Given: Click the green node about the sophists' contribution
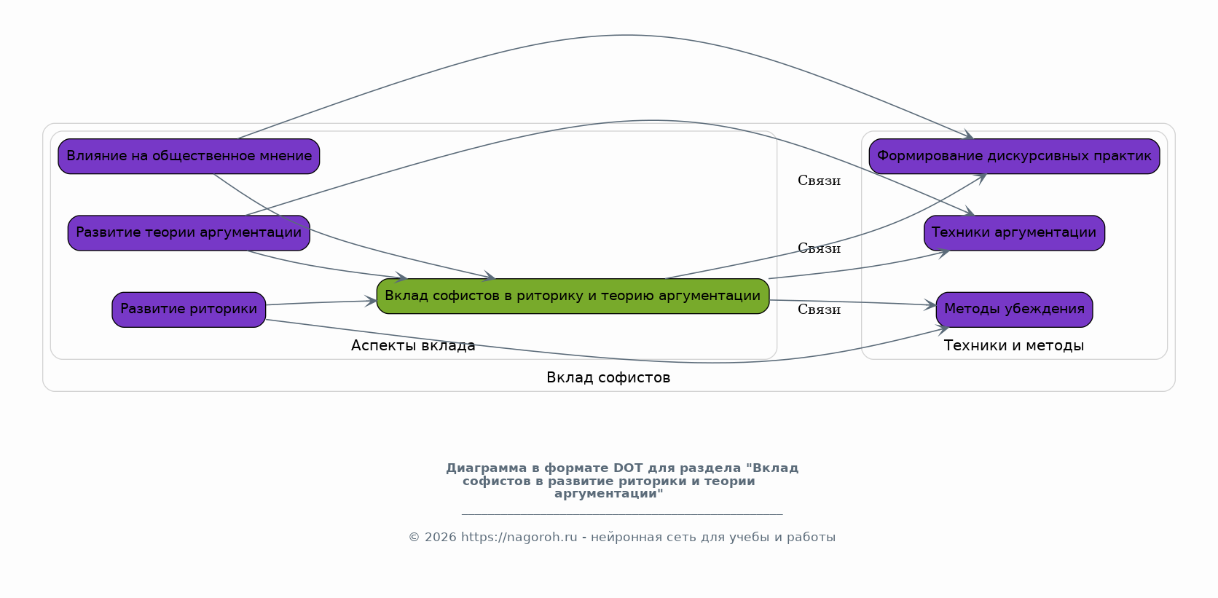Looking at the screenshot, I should coord(573,296).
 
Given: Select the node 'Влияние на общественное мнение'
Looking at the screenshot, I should coord(189,156).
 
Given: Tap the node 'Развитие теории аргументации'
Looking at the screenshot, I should coord(189,232).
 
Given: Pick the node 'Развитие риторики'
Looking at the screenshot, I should coord(189,309).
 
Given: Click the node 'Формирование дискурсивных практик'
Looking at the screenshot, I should coord(1014,156).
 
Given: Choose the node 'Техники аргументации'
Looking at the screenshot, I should coord(1014,232).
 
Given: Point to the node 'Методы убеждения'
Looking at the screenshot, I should coord(1014,309).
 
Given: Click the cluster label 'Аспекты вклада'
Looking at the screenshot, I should coord(413,345).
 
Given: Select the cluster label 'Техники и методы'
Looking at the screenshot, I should coord(1013,345).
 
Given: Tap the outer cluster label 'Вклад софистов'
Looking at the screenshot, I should coord(608,377).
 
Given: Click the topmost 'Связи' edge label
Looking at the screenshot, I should coord(819,181).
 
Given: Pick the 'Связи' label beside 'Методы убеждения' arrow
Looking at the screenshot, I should coord(819,310).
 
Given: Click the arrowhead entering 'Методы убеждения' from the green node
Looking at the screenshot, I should coord(932,305).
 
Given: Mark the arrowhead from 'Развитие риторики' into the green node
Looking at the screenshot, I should coord(372,301).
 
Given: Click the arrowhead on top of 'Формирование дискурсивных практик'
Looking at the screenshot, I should coord(969,135).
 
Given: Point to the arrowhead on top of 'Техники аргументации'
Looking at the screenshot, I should coord(970,212).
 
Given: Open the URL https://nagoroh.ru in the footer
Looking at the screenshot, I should coord(519,538).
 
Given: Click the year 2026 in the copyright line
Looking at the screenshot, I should coord(441,538).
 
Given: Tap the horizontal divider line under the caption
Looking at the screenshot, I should coord(622,514).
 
